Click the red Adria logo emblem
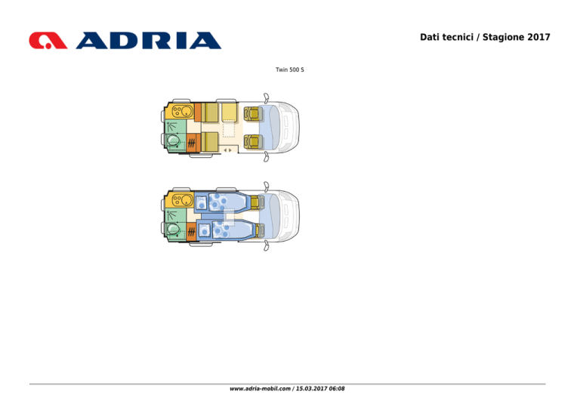pos(48,41)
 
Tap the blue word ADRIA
pos(149,41)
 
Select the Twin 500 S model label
pos(290,69)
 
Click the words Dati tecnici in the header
pos(446,37)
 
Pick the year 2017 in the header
pos(539,37)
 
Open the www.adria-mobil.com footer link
pos(260,389)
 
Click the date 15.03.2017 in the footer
pos(312,389)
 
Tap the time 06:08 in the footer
pos(337,389)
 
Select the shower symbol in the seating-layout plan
pos(171,127)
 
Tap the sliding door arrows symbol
pos(228,150)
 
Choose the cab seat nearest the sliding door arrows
pos(253,142)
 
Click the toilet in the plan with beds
pos(173,229)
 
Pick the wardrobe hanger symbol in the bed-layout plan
pos(191,232)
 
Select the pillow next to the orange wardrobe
pos(205,230)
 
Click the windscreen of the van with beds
pos(273,216)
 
